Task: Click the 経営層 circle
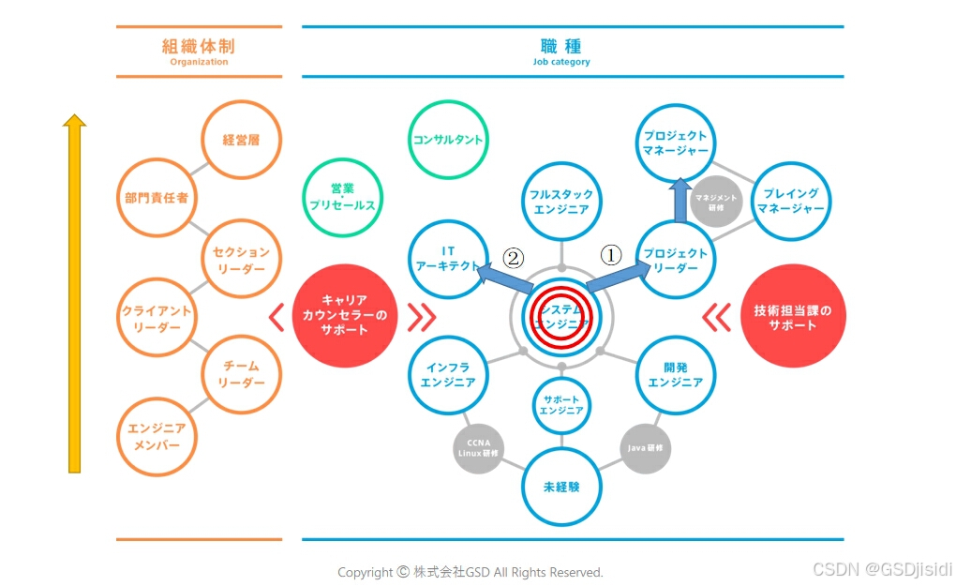[x=241, y=141]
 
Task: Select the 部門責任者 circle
[x=157, y=198]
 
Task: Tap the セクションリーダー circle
[x=241, y=260]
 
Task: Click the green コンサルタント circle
[x=448, y=140]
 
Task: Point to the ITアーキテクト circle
[x=448, y=259]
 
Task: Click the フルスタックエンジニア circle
[x=561, y=202]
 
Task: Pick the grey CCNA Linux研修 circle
[x=481, y=447]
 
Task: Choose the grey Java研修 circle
[x=646, y=448]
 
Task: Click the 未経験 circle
[x=561, y=488]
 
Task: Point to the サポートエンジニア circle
[x=561, y=404]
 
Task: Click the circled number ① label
[x=611, y=255]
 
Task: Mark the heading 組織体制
[x=199, y=46]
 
